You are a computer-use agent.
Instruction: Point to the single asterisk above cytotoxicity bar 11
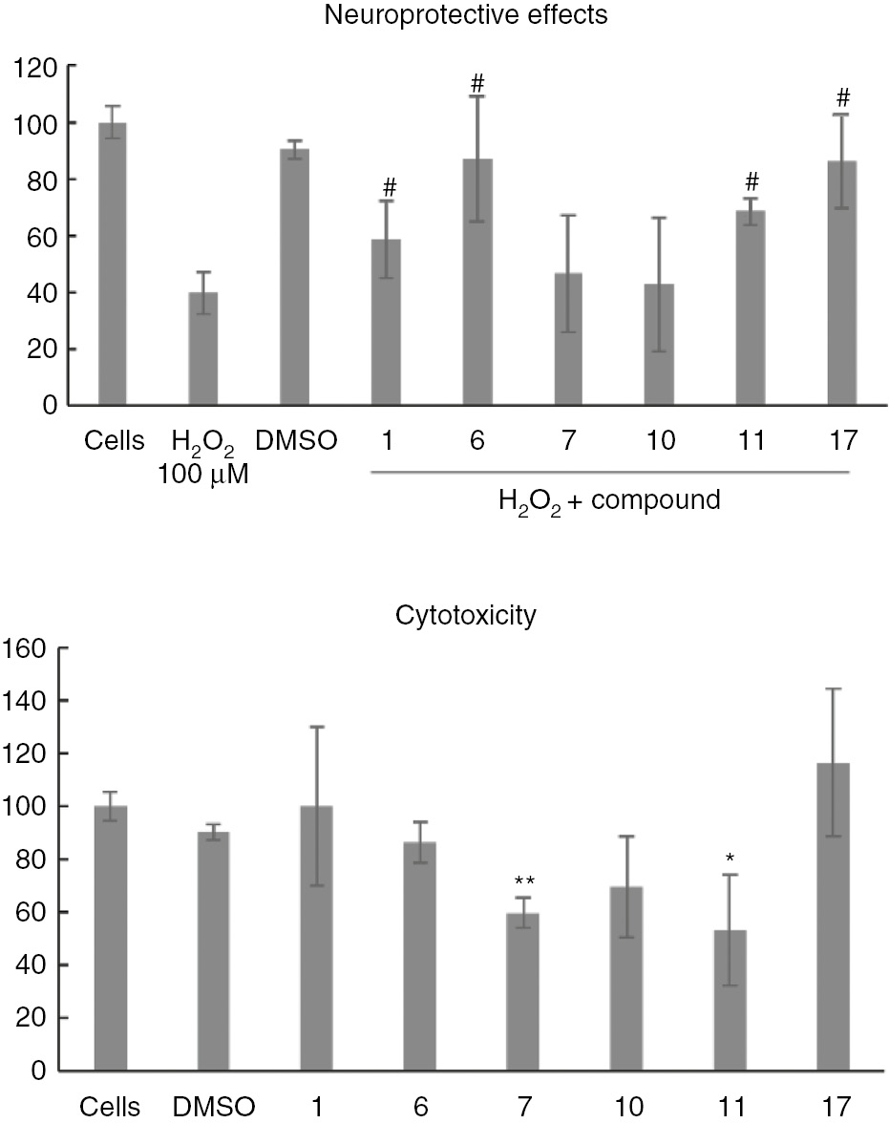[730, 858]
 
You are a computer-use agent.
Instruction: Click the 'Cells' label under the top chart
[113, 441]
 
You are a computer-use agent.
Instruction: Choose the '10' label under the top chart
[661, 441]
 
